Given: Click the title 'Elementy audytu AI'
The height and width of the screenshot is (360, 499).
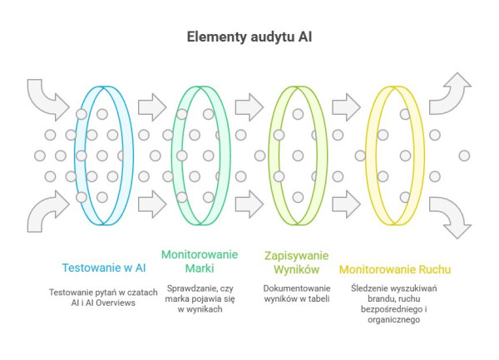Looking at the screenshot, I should click(x=249, y=38).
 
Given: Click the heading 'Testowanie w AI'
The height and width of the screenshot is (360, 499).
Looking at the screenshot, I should click(x=104, y=267).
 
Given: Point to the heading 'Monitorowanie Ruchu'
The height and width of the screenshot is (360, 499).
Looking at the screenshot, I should click(x=395, y=269).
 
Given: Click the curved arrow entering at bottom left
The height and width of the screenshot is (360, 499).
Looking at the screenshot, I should click(x=46, y=210).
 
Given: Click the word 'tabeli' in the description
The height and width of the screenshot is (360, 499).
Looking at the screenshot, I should click(x=318, y=298).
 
